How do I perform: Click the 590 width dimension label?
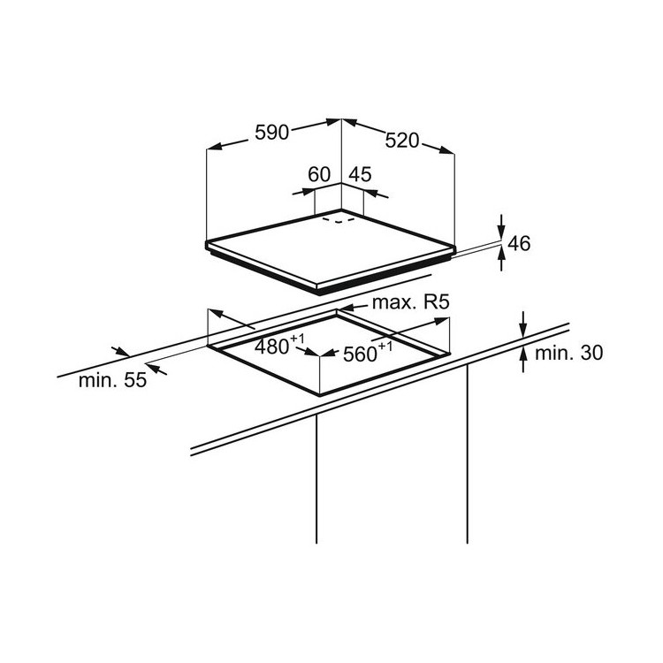pos(272,133)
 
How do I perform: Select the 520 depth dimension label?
pos(401,141)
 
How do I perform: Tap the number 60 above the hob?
pos(319,174)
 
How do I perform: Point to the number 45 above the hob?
pos(360,174)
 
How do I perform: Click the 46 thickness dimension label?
pos(518,244)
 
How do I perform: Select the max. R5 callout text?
pos(410,302)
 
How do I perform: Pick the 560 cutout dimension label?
pos(368,352)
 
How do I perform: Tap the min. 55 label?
pos(112,380)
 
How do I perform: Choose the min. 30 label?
pos(568,353)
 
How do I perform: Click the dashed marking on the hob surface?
pos(339,220)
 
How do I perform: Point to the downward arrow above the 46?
pos(501,226)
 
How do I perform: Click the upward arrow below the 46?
pos(501,259)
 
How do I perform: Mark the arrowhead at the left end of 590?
pos(213,147)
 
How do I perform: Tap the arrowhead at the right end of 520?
pos(447,150)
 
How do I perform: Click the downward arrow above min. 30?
pos(523,324)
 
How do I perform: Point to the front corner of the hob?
pos(318,292)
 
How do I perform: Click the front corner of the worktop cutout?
pos(320,395)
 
